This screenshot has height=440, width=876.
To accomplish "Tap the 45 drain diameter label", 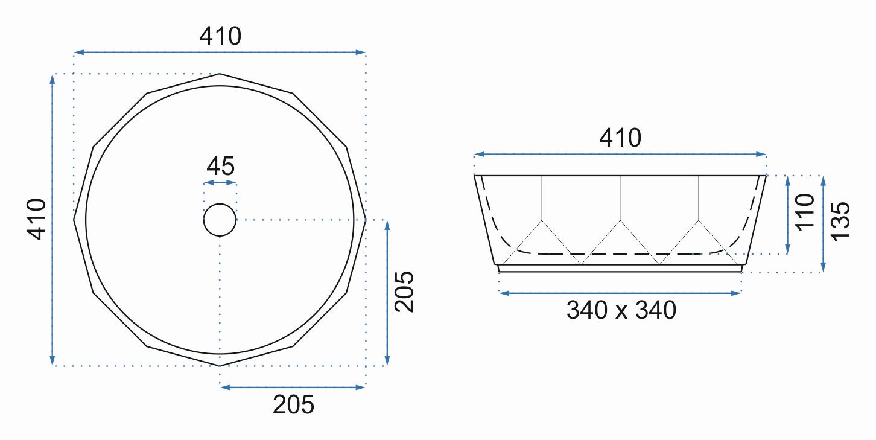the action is click(x=221, y=166).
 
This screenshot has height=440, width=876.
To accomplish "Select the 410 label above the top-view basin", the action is click(x=220, y=36).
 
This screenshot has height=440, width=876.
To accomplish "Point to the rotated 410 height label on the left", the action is click(x=36, y=219).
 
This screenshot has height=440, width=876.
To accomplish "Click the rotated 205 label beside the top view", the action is click(x=404, y=292).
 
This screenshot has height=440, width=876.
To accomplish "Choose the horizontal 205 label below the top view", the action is click(x=293, y=404).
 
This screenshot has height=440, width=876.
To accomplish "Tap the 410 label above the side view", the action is click(x=620, y=138).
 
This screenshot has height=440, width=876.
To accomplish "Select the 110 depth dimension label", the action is click(x=805, y=212).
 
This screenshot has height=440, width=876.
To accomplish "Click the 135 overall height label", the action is click(x=840, y=222).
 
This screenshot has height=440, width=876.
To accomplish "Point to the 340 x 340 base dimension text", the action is click(x=621, y=310).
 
